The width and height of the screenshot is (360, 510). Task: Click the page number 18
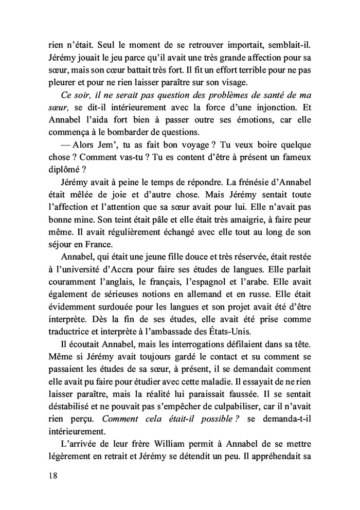pos(50,476)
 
